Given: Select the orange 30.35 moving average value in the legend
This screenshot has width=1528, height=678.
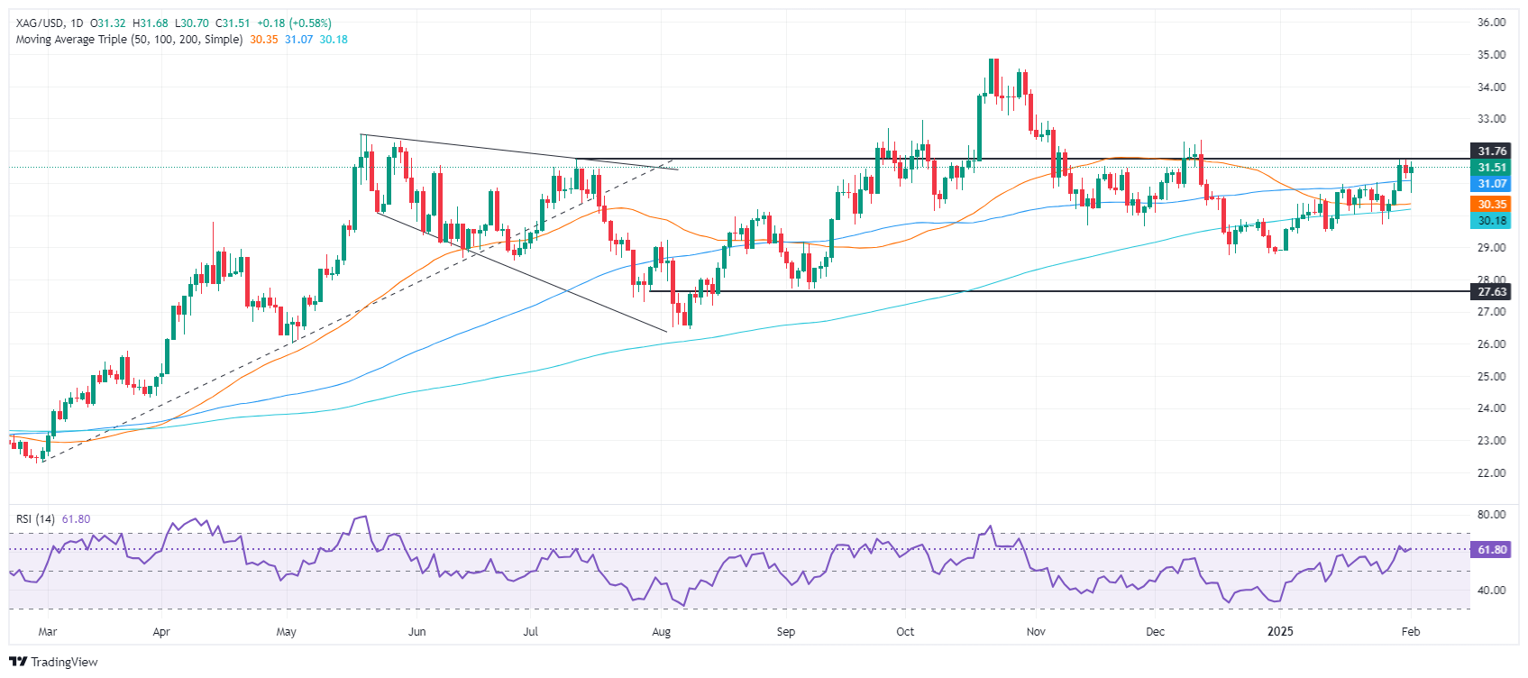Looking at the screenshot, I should point(264,40).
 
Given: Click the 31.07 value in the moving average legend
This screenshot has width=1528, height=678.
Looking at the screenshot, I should point(298,40).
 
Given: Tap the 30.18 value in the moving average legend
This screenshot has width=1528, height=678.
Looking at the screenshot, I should point(334,40).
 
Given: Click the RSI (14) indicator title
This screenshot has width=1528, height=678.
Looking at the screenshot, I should point(35,519).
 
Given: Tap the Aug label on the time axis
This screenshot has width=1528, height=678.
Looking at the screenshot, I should point(662,631).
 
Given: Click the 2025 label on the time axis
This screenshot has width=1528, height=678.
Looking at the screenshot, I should point(1280,631).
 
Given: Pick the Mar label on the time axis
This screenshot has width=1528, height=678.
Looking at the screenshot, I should point(48,631).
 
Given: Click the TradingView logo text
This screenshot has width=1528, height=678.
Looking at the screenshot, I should point(63,662).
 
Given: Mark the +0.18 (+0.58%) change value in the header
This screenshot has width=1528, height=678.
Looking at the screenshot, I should point(300,23).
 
